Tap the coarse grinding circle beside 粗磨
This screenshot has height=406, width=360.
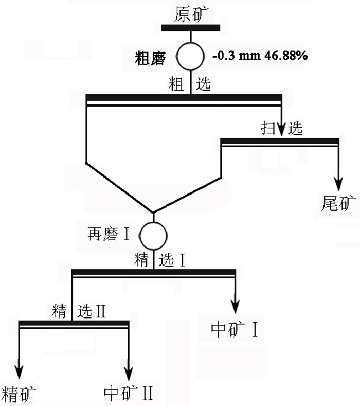tap(191, 56)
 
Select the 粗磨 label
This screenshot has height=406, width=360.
tap(150, 58)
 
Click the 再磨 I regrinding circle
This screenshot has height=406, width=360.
tap(154, 236)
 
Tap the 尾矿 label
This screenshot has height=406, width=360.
tap(338, 204)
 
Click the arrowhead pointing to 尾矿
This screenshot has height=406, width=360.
tap(338, 183)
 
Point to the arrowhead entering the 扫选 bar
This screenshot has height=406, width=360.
tap(281, 131)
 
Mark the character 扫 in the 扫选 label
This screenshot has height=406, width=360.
tap(268, 129)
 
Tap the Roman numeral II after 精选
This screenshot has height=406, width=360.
tap(100, 311)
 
